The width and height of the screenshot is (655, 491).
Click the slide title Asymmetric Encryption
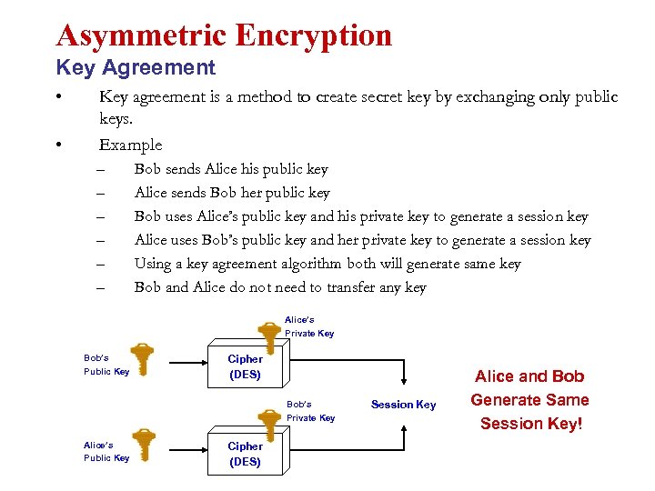[224, 35]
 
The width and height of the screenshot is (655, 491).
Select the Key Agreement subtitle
[136, 67]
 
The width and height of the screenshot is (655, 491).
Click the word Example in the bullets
[130, 145]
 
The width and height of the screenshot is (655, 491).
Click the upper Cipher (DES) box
[245, 366]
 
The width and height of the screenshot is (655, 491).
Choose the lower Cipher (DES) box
[245, 454]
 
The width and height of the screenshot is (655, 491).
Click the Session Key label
[403, 405]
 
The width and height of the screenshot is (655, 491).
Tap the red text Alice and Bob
[529, 376]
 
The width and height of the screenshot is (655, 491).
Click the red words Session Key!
[530, 424]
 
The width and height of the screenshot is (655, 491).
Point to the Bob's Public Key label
[106, 365]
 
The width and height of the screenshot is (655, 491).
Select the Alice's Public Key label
[106, 451]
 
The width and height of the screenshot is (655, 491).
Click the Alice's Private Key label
[309, 326]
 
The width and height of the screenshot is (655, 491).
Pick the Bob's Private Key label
[310, 411]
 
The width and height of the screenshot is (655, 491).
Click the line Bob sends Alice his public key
[231, 169]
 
